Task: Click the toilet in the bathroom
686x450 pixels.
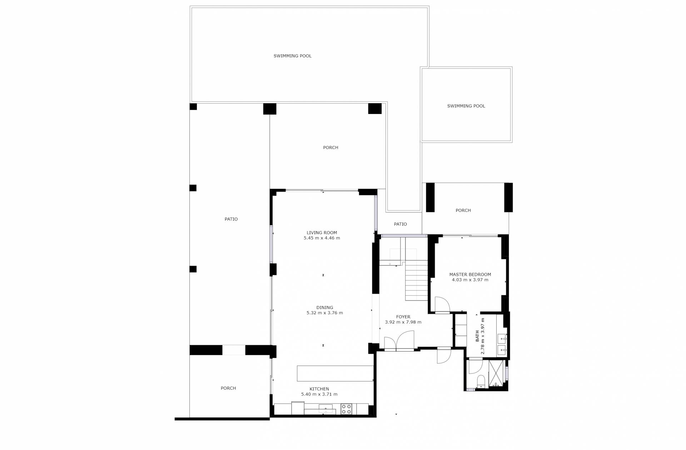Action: pyautogui.click(x=481, y=381)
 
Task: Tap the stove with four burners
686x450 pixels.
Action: pyautogui.click(x=346, y=409)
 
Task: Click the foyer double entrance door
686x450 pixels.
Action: pyautogui.click(x=399, y=341)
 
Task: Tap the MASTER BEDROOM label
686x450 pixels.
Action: pyautogui.click(x=470, y=274)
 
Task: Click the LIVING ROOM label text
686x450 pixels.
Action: pyautogui.click(x=322, y=232)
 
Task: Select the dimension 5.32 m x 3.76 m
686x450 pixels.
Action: pyautogui.click(x=324, y=313)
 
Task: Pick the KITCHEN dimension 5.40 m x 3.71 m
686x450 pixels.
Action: pyautogui.click(x=319, y=394)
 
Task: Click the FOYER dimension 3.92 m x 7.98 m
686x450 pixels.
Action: pyautogui.click(x=403, y=322)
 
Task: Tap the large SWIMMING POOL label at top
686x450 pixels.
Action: pyautogui.click(x=293, y=56)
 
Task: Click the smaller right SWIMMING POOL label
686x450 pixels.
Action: pyautogui.click(x=466, y=106)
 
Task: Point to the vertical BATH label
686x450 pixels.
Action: pyautogui.click(x=478, y=336)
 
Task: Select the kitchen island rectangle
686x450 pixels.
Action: pyautogui.click(x=335, y=373)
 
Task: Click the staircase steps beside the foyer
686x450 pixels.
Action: pyautogui.click(x=416, y=280)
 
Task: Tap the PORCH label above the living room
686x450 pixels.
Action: pyautogui.click(x=330, y=147)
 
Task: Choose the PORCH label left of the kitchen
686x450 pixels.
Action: pyautogui.click(x=228, y=388)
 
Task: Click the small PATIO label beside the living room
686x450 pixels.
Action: pyautogui.click(x=400, y=224)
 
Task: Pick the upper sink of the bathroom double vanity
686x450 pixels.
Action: pyautogui.click(x=502, y=337)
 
